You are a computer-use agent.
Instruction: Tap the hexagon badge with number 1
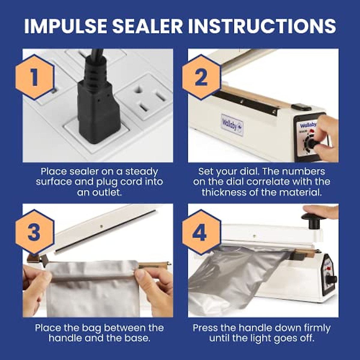(35, 77)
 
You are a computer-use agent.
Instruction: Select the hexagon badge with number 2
(201, 77)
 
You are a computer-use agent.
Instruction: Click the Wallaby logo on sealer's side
(232, 125)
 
